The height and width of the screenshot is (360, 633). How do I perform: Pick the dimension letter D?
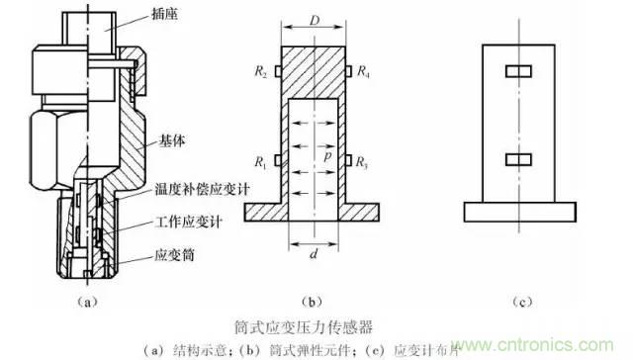[314, 21]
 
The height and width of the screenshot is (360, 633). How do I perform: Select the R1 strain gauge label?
[260, 160]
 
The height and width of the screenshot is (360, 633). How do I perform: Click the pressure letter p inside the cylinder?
[326, 157]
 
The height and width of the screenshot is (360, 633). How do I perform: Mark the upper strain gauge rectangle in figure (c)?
[518, 72]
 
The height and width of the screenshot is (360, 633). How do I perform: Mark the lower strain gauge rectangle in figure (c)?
[518, 159]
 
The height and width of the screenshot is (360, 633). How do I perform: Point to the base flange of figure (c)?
[518, 212]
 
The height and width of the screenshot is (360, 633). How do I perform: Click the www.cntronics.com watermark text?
[564, 343]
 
